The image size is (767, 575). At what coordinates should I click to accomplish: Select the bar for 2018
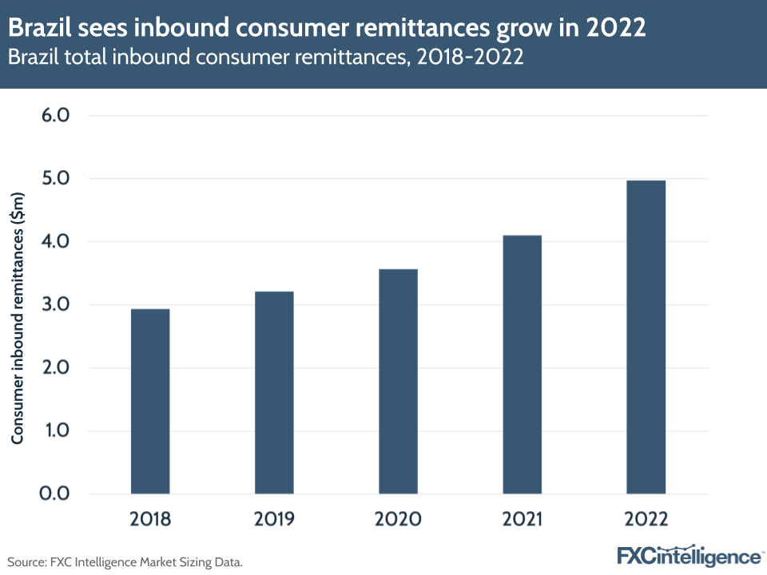pos(150,401)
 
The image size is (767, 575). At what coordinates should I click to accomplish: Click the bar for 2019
pos(274,392)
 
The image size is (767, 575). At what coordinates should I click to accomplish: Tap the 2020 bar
pos(398,381)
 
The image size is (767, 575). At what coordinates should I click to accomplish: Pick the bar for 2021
pos(522,364)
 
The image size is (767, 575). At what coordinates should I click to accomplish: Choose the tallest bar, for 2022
pos(646,336)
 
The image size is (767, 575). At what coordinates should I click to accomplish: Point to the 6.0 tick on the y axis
pos(54,116)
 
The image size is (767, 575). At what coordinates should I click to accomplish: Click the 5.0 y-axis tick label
pos(54,179)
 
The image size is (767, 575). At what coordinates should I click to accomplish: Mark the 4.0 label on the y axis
pos(54,242)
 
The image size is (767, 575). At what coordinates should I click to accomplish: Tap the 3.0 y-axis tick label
pos(54,305)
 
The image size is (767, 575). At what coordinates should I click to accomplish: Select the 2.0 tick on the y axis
pos(54,368)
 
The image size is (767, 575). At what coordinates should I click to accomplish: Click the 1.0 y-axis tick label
pos(54,431)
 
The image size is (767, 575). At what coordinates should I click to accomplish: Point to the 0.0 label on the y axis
pos(54,494)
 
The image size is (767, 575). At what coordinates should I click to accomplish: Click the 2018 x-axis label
pos(150,519)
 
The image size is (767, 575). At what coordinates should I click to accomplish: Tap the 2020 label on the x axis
pos(398,519)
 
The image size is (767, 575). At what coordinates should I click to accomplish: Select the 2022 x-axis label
pos(646,519)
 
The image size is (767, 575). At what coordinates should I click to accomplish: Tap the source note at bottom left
pos(125,561)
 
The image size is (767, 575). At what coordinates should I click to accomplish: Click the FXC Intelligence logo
pos(690,556)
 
